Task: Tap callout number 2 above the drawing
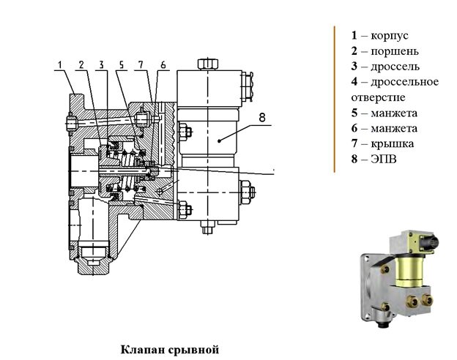pos(83,64)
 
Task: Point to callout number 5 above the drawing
pos(121,64)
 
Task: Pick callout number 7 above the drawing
pos(141,64)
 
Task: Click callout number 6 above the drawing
pos(163,64)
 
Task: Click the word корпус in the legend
pos(389,35)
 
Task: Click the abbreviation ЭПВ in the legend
pos(382,159)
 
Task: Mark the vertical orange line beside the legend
pos(335,99)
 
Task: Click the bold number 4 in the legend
pos(354,81)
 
